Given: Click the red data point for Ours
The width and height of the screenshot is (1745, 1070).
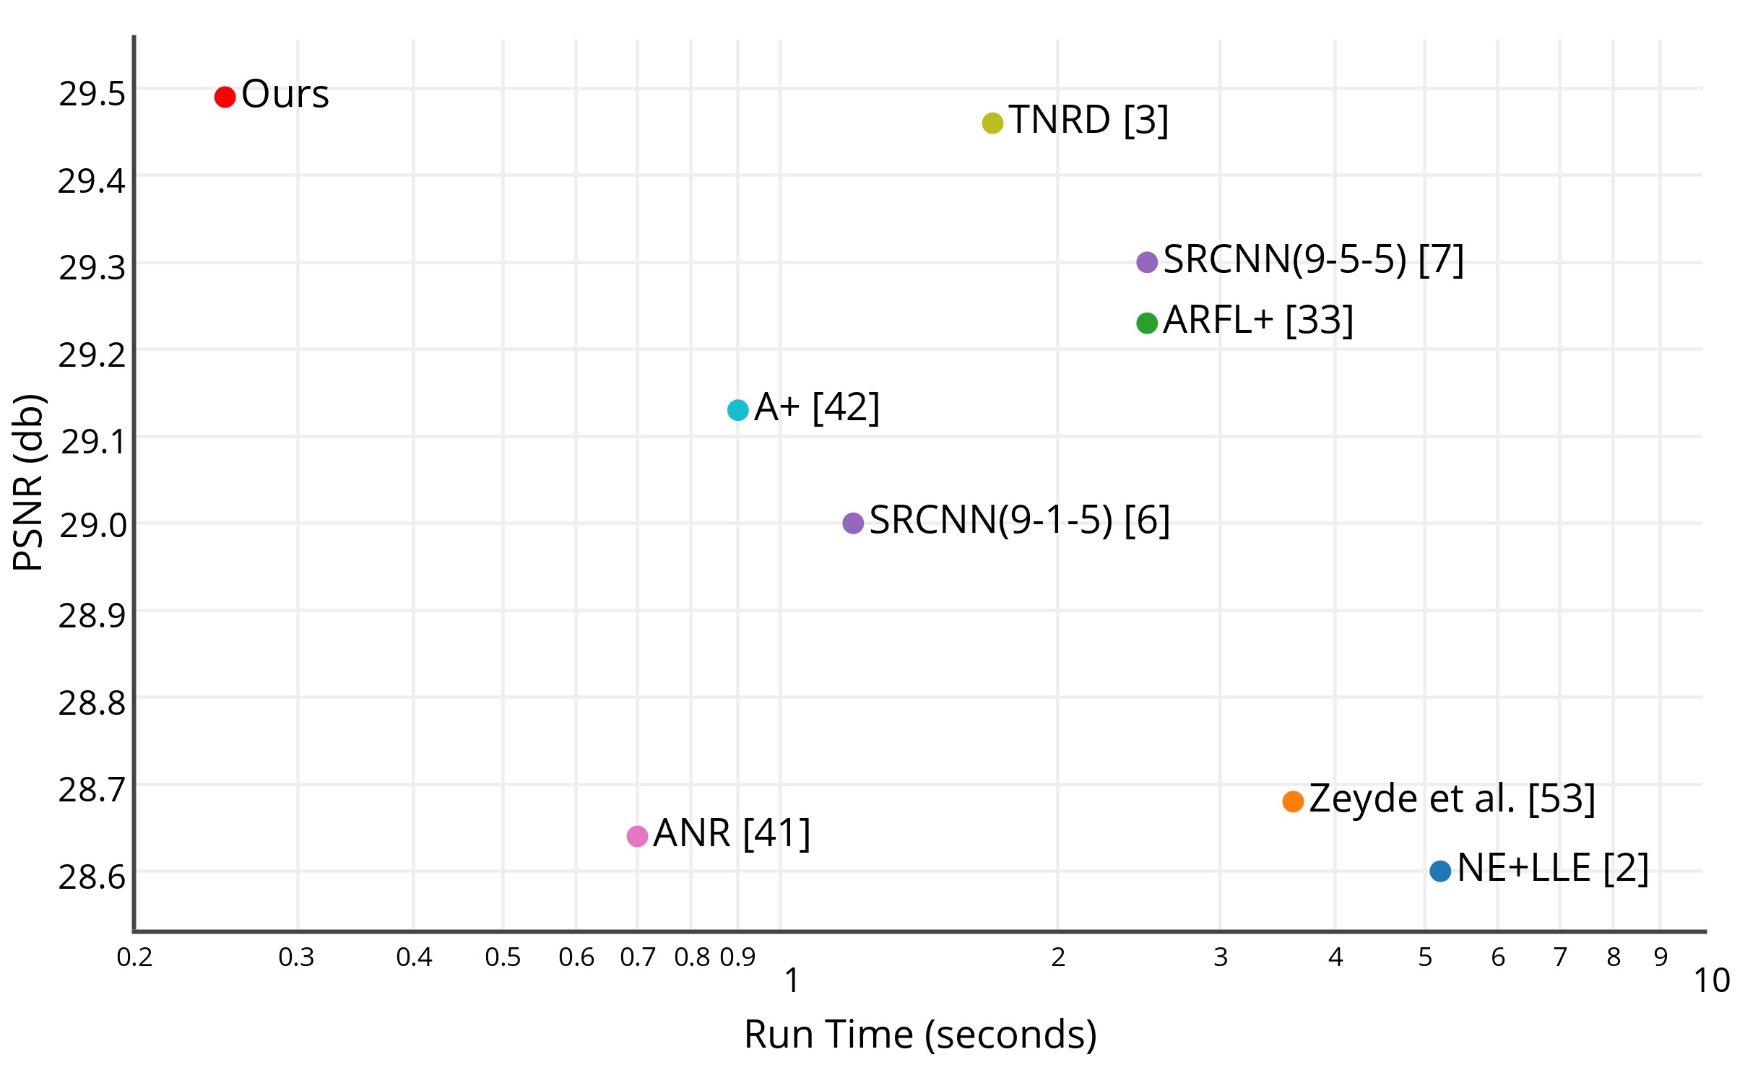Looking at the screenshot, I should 225,97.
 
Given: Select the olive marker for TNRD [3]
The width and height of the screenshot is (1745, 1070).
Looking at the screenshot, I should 992,123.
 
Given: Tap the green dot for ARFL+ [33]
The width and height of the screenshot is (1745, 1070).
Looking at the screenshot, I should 1146,323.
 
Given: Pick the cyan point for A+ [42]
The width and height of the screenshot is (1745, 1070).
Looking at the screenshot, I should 737,410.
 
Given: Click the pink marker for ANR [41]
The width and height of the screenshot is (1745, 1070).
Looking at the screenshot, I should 637,836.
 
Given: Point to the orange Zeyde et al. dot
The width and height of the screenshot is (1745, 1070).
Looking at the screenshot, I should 1292,801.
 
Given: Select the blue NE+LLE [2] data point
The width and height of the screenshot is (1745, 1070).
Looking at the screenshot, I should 1439,871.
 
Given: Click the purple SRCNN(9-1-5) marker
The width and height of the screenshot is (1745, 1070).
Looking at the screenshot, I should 853,523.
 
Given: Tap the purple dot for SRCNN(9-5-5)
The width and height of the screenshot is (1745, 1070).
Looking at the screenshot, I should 1146,262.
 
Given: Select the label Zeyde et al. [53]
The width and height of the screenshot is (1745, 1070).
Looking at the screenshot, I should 1452,799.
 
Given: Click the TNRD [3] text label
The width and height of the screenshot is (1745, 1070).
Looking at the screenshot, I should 1088,120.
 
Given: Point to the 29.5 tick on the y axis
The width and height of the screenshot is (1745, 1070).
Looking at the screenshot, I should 92,95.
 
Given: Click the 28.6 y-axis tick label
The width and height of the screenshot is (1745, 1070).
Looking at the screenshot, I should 92,877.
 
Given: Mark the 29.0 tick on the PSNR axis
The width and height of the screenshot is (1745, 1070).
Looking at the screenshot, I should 92,526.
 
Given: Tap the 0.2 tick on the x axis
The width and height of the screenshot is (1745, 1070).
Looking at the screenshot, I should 134,957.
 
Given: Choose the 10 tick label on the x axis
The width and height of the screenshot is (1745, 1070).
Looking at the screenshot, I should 1711,980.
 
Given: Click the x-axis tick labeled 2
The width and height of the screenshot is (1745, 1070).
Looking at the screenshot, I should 1057,957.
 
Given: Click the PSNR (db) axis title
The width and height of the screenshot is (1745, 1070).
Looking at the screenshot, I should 29,482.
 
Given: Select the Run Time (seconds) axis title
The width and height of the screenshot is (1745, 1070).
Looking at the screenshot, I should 920,1034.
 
